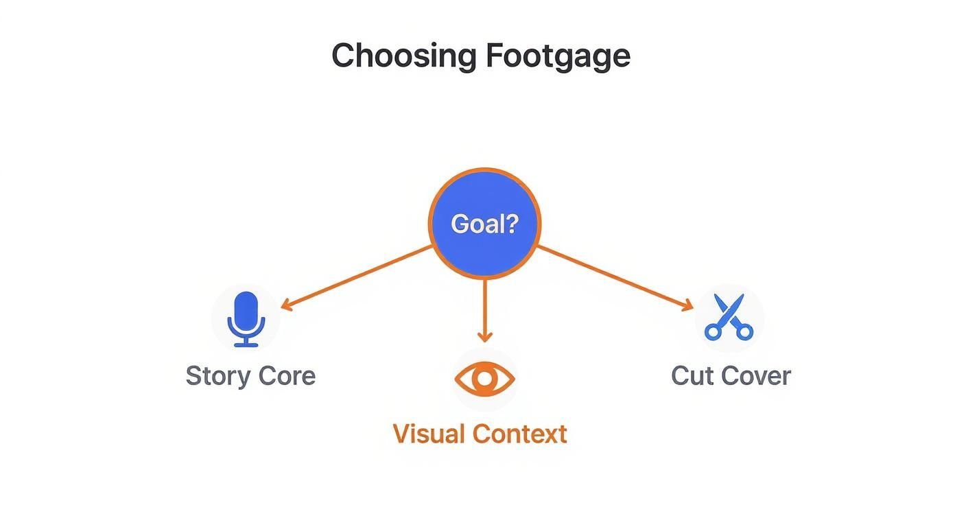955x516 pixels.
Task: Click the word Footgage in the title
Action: (558, 56)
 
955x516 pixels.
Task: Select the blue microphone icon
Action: (246, 319)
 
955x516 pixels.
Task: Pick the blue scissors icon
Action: (729, 318)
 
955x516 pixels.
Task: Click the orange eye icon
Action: (484, 379)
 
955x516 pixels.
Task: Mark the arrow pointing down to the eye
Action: (484, 309)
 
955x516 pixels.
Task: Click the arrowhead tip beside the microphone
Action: (285, 307)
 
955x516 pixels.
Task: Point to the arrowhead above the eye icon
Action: (484, 336)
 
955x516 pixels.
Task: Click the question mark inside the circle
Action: (510, 224)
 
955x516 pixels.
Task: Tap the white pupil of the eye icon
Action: (484, 379)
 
